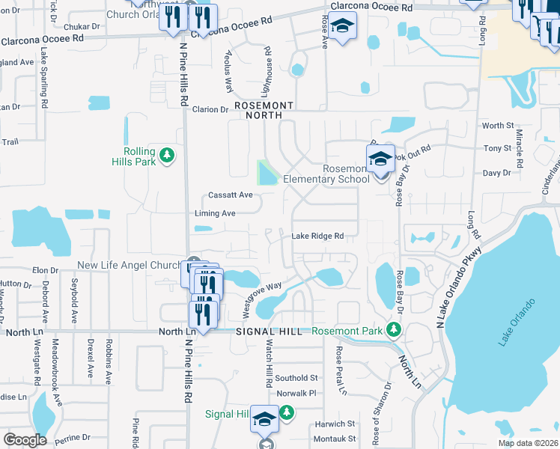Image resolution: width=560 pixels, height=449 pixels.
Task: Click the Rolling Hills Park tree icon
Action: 168,155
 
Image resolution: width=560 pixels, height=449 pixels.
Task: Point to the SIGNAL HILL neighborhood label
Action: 270,331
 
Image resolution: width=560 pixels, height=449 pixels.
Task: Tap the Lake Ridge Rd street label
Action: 317,236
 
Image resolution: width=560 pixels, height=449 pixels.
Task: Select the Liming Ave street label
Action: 215,213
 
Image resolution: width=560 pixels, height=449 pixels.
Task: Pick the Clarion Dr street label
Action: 210,109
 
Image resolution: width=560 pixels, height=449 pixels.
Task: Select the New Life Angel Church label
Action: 129,266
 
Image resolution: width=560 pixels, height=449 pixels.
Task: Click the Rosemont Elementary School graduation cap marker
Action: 380,159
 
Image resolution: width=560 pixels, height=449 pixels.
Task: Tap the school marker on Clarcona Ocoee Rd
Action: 343,26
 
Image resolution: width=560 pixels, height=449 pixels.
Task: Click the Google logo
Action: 25,440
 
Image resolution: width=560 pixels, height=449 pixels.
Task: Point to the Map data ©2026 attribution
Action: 528,443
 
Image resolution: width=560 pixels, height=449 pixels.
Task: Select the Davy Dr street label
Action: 496,173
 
